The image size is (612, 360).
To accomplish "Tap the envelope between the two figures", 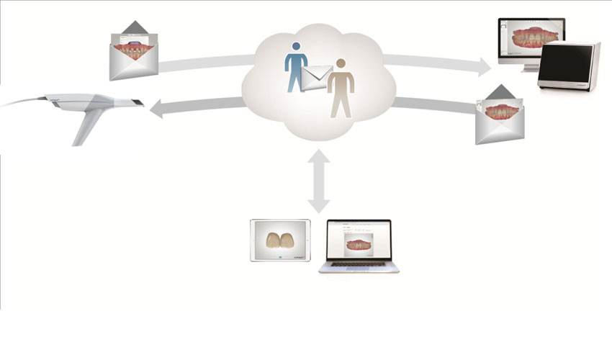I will coord(317,74).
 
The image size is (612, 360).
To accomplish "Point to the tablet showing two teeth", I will coord(280,240).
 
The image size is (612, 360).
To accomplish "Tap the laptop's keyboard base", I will coord(359,267).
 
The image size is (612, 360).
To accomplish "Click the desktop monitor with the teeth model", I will coord(531,40).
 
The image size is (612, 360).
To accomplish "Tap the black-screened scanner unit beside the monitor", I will coord(569,66).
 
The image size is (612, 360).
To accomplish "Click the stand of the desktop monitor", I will coord(531,68).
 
